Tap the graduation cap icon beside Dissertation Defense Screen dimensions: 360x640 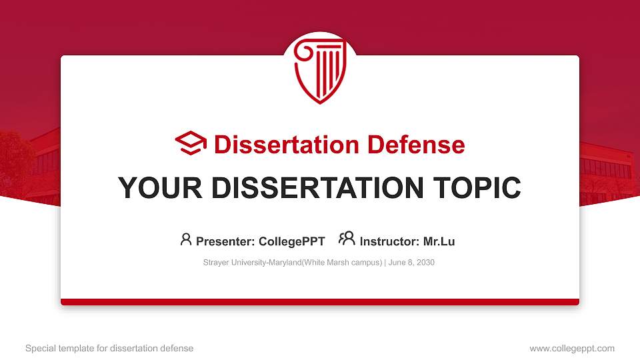[191, 144]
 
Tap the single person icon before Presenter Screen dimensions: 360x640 [186, 239]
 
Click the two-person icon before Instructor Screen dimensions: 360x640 [347, 239]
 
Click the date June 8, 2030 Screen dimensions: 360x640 [411, 263]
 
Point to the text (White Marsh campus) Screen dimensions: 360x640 [342, 263]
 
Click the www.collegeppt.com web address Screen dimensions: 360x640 [572, 348]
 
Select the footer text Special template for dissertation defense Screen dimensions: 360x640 [109, 348]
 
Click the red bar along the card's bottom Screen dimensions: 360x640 [320, 302]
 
